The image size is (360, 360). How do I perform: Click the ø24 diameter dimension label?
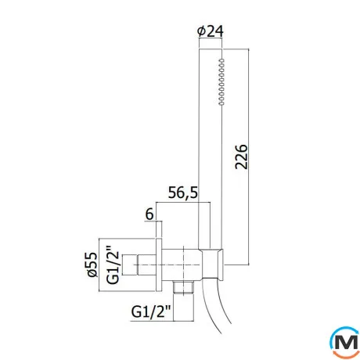211,31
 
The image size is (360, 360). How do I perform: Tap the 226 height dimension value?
241,157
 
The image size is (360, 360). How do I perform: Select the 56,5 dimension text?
183,193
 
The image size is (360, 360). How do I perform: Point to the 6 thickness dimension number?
149,214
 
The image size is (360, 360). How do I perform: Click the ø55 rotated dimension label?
92,265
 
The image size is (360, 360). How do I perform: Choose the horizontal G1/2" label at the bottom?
151,311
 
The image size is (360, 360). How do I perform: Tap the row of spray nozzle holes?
221,82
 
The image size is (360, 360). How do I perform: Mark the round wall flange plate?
159,265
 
